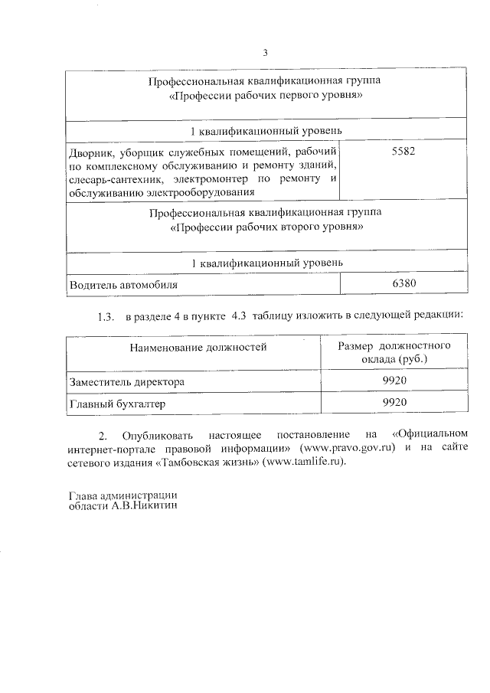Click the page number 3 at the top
[x=265, y=53]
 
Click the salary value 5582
[x=403, y=152]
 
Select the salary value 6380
[x=403, y=283]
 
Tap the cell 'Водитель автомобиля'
[x=124, y=284]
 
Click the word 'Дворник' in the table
[x=90, y=152]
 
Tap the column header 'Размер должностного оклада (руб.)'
[x=394, y=352]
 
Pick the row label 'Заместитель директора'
[x=126, y=381]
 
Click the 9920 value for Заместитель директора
[x=394, y=381]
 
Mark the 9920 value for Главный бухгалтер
[x=394, y=403]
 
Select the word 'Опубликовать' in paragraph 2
[x=158, y=433]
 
